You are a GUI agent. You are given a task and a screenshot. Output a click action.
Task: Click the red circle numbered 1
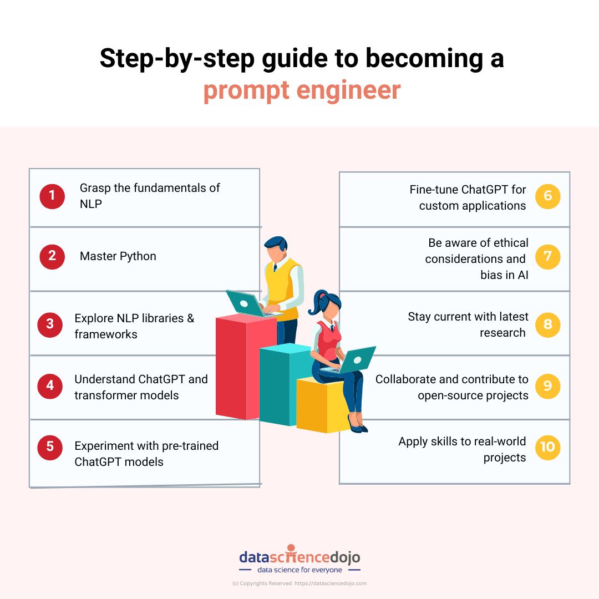(x=52, y=196)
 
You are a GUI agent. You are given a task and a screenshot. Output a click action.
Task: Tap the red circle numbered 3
(x=50, y=324)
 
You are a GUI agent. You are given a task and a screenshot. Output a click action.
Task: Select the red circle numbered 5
(x=50, y=448)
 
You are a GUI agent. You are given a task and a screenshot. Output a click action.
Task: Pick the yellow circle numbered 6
(x=547, y=196)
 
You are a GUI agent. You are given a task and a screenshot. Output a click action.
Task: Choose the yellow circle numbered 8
(x=547, y=324)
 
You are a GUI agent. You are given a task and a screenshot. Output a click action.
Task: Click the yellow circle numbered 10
(x=547, y=447)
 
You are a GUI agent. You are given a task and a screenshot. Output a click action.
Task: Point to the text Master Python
(x=118, y=256)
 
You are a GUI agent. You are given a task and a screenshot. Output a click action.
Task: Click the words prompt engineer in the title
(x=302, y=90)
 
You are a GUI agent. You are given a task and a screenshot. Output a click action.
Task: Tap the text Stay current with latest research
(x=468, y=324)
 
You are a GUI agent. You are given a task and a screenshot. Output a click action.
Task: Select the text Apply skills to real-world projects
(x=462, y=449)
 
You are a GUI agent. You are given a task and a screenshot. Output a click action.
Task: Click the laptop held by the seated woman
(x=355, y=359)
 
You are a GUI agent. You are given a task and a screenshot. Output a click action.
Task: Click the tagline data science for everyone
(x=299, y=570)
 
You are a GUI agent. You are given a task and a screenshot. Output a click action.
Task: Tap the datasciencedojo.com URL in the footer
(x=331, y=583)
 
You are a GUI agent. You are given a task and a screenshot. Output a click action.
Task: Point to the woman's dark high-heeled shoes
(x=357, y=425)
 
